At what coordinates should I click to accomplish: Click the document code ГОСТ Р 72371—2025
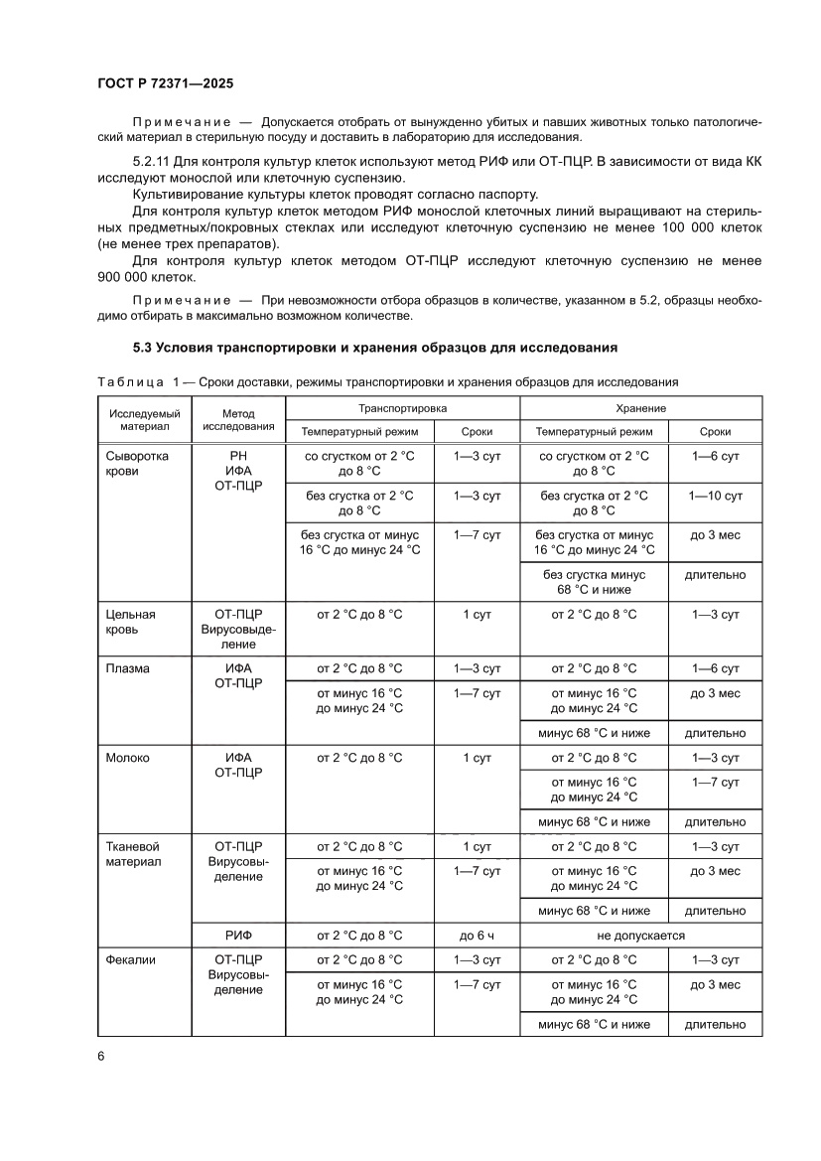click(163, 85)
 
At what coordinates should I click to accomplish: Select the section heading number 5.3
click(144, 348)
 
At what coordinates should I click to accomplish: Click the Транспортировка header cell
click(402, 408)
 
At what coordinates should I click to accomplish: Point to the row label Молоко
click(128, 758)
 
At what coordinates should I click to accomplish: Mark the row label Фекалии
click(131, 959)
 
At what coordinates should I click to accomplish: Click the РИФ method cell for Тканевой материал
click(238, 935)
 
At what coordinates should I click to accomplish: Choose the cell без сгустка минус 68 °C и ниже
click(594, 582)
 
